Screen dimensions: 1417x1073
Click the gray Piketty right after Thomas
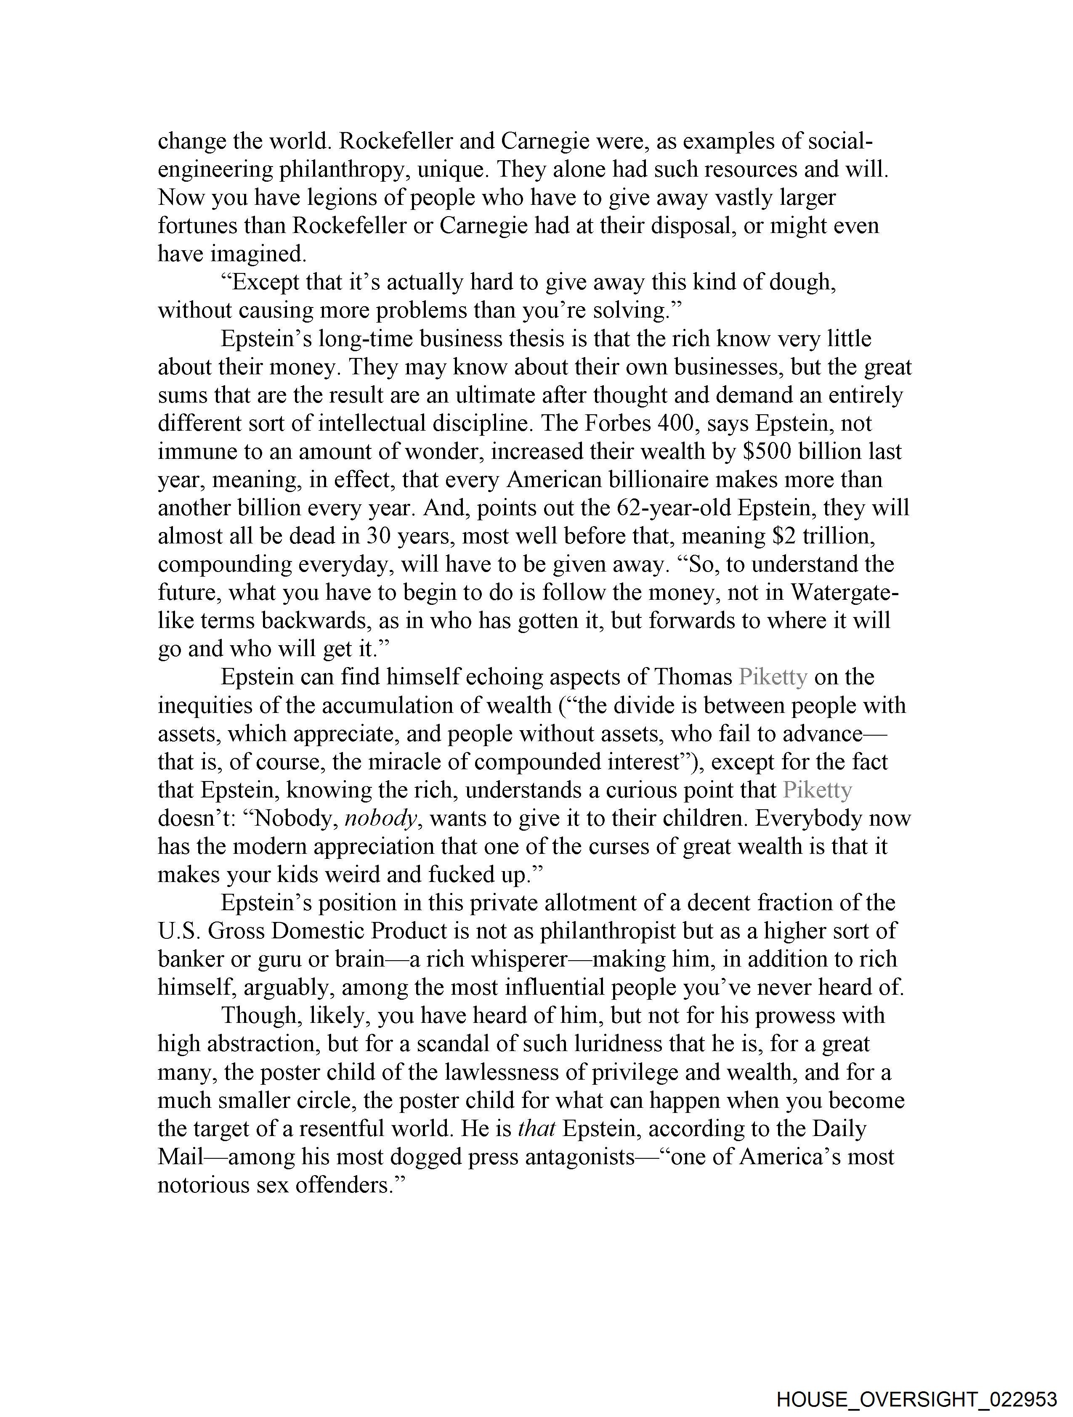coord(773,677)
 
